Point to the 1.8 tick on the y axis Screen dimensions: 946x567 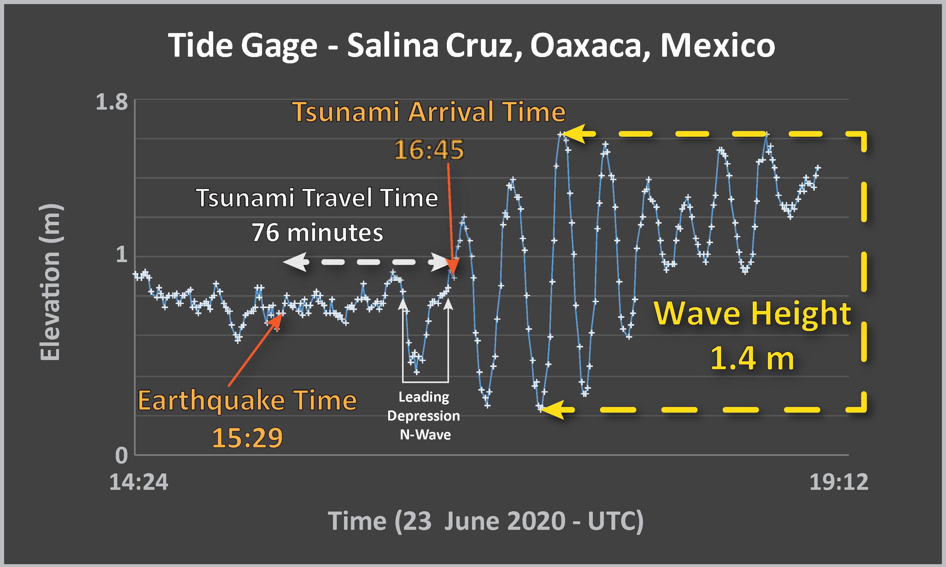point(112,102)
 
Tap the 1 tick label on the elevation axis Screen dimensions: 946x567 point(122,254)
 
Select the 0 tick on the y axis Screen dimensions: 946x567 point(122,455)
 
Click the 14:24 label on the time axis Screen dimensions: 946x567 point(139,482)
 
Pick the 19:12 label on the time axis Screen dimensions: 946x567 point(839,482)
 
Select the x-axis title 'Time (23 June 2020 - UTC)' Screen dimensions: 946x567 point(486,521)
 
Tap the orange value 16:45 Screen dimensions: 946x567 point(429,149)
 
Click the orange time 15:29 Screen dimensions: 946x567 point(248,438)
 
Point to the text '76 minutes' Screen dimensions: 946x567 point(317,232)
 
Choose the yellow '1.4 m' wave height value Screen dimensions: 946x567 point(752,358)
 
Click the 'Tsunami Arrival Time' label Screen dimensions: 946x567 point(429,112)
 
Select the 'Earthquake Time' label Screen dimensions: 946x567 point(248,401)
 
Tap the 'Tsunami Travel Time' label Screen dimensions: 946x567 point(317,198)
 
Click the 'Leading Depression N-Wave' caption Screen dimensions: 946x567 point(424,416)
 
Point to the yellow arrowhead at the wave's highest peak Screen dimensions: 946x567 point(572,134)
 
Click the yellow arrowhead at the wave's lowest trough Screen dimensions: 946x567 point(552,409)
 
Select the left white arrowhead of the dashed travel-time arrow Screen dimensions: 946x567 point(296,262)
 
